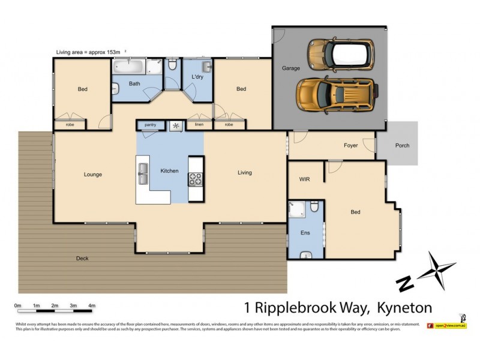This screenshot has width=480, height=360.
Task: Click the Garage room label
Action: coord(291,68)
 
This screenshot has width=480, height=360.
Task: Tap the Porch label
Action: coord(402,145)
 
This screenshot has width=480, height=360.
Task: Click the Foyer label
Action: coord(350,145)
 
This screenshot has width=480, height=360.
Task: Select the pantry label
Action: coord(150,125)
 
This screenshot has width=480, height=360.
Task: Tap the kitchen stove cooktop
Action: coord(196,178)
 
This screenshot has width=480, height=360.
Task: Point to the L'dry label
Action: coord(197,78)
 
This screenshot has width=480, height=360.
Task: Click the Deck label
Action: coord(83,259)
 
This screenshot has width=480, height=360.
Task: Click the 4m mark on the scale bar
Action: coord(92,306)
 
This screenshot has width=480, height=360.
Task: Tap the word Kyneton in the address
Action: coord(404,308)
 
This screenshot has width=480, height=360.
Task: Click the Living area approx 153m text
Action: coord(89,52)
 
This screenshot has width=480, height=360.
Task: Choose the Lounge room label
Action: coord(92,175)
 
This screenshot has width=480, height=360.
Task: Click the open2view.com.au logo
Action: coord(446,325)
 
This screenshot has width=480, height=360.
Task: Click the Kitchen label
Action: coord(169,171)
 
